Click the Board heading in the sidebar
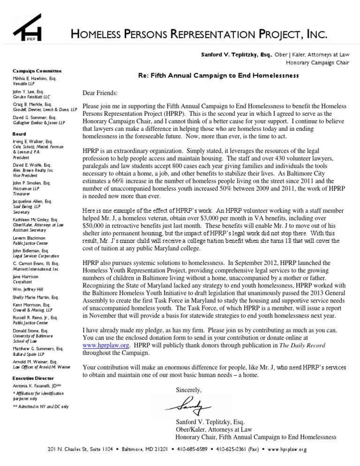[x=19, y=134]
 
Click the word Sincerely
[x=189, y=390]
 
